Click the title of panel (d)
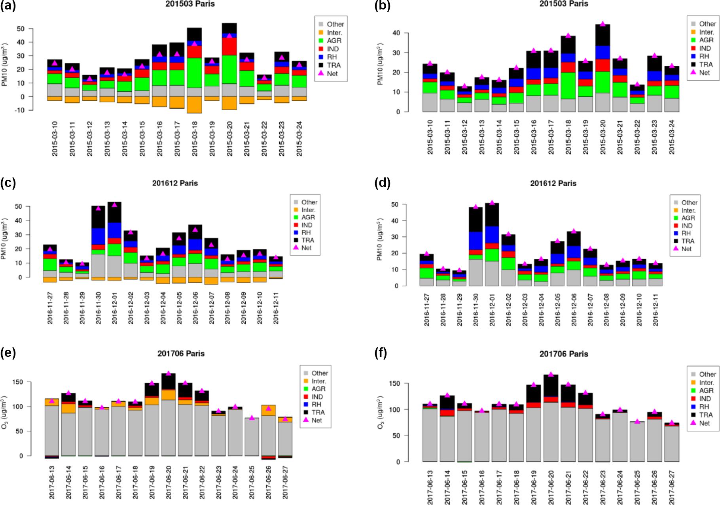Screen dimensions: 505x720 (x=553, y=183)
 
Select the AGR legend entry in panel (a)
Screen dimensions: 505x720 (x=334, y=41)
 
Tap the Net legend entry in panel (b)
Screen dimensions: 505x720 (x=704, y=73)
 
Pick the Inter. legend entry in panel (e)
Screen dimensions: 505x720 (x=318, y=381)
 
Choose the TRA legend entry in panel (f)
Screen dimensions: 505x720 (x=706, y=415)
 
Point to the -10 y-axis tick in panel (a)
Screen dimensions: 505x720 (x=19, y=110)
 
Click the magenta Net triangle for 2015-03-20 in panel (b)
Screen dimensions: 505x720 (x=603, y=24)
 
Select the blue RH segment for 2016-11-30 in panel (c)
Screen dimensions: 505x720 (x=98, y=236)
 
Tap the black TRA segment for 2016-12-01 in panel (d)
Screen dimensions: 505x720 (x=492, y=215)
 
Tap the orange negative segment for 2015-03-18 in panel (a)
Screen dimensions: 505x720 (x=194, y=105)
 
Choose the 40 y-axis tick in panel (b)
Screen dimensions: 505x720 (x=396, y=33)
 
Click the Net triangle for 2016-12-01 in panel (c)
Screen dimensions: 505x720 (x=114, y=205)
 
